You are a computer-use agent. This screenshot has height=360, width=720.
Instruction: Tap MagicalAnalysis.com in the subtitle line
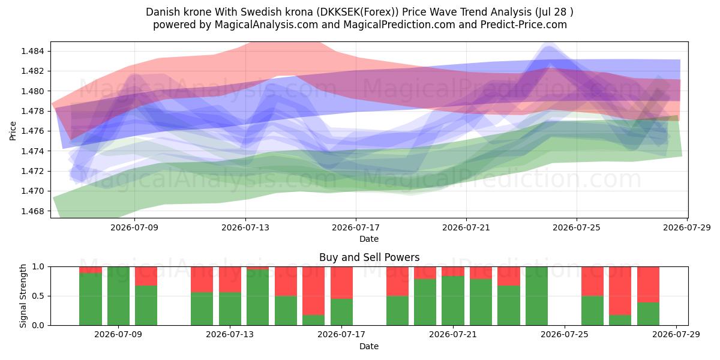[266, 25]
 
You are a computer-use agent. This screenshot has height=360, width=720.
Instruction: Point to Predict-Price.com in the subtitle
[524, 25]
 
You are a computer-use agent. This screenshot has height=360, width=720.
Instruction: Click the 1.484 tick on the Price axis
[32, 51]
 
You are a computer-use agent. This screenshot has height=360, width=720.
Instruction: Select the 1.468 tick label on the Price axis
[32, 211]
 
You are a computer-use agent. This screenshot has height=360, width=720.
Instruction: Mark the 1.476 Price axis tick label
[32, 131]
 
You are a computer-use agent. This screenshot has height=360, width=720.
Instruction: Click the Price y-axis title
[13, 131]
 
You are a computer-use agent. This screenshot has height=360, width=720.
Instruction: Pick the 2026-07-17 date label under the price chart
[356, 227]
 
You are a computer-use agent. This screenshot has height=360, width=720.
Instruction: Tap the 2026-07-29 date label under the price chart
[687, 227]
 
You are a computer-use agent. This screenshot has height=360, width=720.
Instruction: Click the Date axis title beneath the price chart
[369, 239]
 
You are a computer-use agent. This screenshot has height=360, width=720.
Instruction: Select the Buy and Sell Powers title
[370, 257]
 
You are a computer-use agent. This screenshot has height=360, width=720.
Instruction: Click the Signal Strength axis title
[23, 296]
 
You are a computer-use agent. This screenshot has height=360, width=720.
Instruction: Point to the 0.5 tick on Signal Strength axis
[38, 296]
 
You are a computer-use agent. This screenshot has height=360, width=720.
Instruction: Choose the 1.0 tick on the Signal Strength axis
[38, 267]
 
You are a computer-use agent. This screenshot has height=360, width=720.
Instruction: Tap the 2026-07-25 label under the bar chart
[565, 335]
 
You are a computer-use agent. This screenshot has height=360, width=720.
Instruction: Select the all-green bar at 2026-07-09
[118, 296]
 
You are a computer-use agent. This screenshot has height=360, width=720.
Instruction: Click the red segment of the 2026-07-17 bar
[341, 283]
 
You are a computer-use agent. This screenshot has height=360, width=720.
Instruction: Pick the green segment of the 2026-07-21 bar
[453, 301]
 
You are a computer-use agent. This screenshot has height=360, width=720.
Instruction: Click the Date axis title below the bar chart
[369, 347]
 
